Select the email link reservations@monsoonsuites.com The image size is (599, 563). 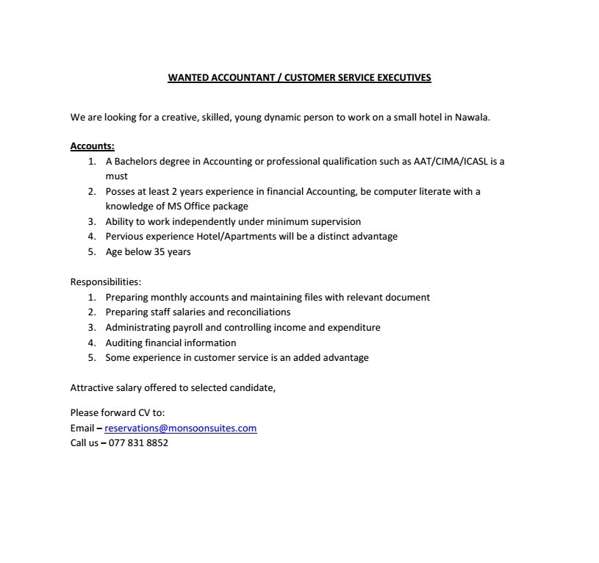point(181,428)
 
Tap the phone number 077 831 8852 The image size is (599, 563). point(138,442)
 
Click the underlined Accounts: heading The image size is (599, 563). point(93,146)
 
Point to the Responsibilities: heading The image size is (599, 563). point(106,281)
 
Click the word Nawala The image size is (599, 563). point(472,117)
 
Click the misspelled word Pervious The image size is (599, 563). point(124,237)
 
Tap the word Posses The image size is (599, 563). point(120,192)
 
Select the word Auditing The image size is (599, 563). point(126,343)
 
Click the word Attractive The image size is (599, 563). point(93,387)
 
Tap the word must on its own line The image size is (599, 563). point(116,176)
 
